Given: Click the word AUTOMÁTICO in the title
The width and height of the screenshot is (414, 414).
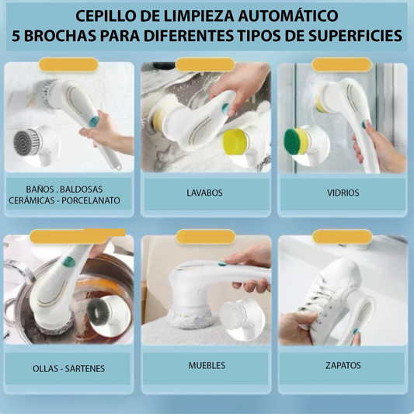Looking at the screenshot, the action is point(288,16).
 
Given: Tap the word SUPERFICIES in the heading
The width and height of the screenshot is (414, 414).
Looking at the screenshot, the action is point(356,36).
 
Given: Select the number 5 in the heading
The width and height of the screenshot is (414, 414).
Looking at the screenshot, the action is point(16,37).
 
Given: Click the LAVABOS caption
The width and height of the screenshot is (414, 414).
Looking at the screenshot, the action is point(204,193).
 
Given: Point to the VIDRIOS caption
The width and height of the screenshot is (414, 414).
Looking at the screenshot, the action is point(343,193).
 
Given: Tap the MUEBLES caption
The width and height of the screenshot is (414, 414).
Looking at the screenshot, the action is point(207,365).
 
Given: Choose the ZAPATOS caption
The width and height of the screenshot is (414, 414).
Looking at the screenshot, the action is point(343,365).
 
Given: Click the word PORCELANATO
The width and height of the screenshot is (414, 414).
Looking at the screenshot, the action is point(91,200).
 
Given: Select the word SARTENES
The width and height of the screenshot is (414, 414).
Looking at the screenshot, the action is point(85,369).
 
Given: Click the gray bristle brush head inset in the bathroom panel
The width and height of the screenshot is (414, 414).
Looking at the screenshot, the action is point(27,143).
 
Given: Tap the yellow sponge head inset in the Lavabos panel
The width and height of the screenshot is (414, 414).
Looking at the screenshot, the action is point(235,141).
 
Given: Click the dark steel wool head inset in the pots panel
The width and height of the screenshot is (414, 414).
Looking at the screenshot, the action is point(98,312).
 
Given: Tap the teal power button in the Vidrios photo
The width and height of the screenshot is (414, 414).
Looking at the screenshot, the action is point(366,124).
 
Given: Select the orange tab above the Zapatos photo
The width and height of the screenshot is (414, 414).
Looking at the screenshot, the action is point(343,236).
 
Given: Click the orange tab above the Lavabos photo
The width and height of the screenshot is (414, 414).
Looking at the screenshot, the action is point(205,64).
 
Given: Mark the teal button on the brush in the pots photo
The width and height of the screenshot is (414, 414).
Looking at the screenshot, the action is point(69,263).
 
